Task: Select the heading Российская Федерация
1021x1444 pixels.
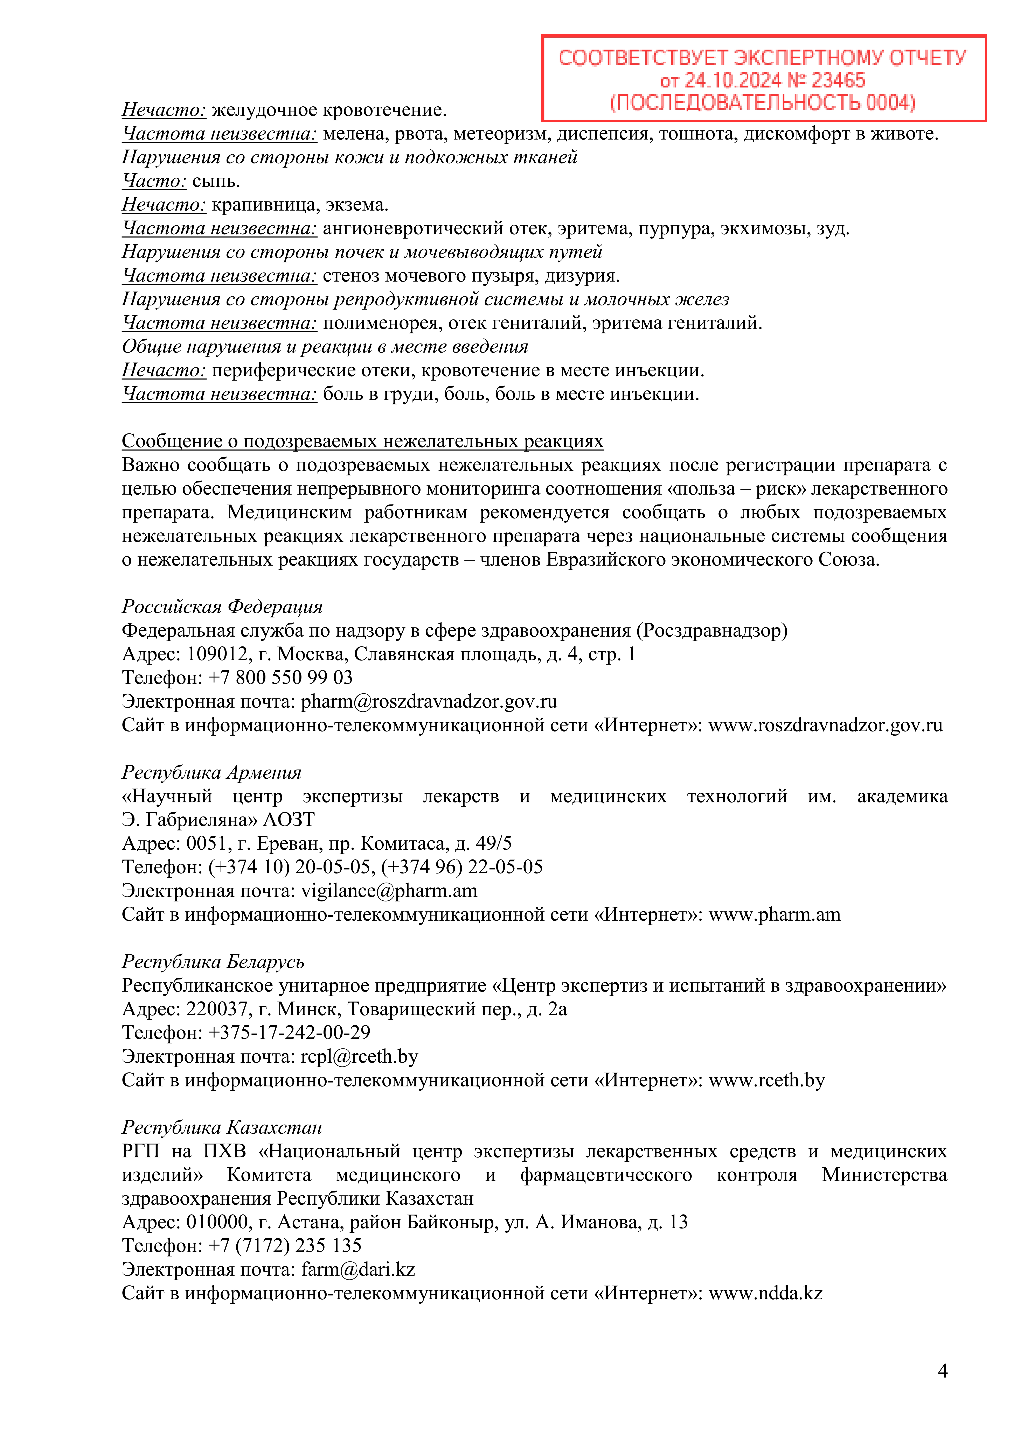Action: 222,607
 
